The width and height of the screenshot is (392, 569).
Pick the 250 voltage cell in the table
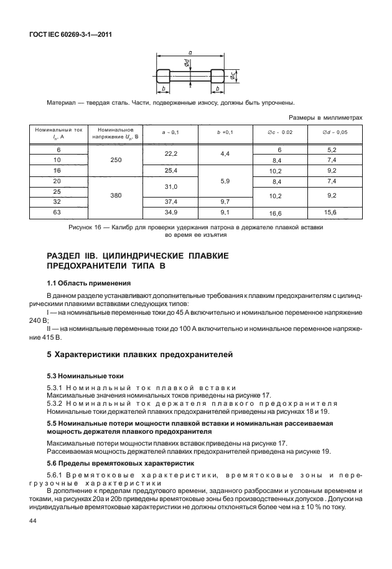[116, 160]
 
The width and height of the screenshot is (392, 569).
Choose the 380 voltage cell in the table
[116, 195]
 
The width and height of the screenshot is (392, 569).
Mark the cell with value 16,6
[275, 214]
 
